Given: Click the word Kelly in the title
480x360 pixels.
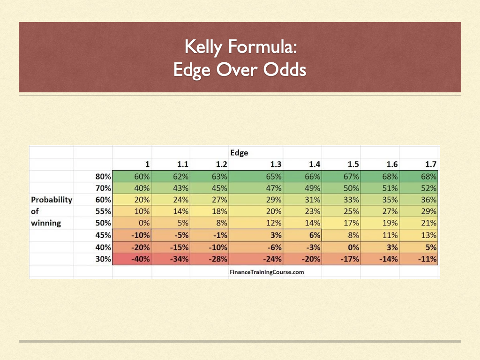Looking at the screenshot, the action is click(203, 47).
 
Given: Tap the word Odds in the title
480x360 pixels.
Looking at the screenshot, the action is click(285, 69).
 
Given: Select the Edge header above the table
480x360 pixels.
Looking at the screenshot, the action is click(239, 153).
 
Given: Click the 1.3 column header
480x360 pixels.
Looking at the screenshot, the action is click(276, 165).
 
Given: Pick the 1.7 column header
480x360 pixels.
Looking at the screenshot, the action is click(430, 165).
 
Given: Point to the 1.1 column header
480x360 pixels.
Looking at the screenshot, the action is click(183, 165).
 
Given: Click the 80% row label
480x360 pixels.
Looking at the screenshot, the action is click(103, 176).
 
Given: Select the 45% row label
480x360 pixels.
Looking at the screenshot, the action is click(103, 235).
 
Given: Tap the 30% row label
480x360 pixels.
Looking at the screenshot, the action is click(103, 259).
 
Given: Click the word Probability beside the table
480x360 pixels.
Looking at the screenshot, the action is click(52, 200).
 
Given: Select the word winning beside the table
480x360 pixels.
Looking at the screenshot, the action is click(46, 223).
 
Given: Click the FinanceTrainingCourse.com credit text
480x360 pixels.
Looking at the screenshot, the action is click(267, 272).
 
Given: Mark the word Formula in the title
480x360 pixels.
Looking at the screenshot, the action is click(262, 47).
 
